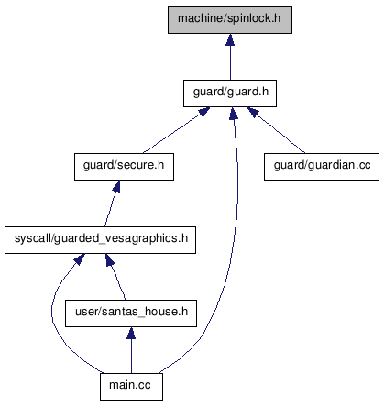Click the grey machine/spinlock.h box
[x=230, y=20]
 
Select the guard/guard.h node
[x=230, y=93]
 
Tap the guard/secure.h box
[x=124, y=167]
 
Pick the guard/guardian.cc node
[x=322, y=167]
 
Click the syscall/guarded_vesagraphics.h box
[x=100, y=240]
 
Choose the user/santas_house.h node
[x=131, y=313]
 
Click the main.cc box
[x=131, y=387]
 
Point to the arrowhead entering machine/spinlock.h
[x=230, y=39]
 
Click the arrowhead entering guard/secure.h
[x=116, y=186]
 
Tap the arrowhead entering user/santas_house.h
[x=131, y=333]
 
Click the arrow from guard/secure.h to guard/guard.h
[x=177, y=131]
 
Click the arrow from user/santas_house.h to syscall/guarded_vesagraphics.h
[x=115, y=277]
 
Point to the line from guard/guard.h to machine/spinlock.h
[x=230, y=57]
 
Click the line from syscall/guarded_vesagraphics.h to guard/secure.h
[x=111, y=203]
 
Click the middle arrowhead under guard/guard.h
[x=234, y=113]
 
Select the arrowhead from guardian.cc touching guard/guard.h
[x=253, y=112]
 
